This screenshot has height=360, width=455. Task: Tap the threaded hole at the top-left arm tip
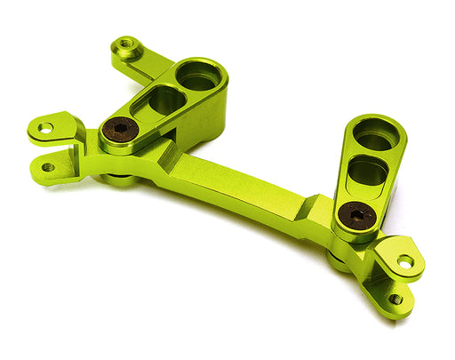(127, 44)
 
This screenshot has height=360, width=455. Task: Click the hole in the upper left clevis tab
(44, 128)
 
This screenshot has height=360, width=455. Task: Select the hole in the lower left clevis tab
(47, 166)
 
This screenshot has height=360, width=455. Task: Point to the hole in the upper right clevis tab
(404, 261)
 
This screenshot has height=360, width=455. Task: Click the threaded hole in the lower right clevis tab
(395, 299)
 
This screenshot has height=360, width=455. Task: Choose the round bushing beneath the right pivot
(337, 260)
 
